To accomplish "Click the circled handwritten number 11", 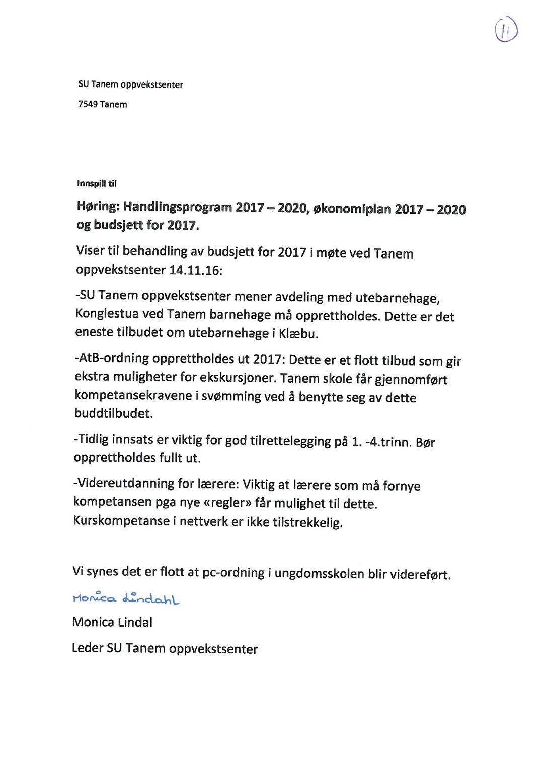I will [x=506, y=30].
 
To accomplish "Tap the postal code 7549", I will [x=88, y=104].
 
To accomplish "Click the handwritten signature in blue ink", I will [x=126, y=597].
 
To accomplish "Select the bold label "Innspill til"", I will [x=97, y=183].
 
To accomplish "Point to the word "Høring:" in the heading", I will [x=98, y=206].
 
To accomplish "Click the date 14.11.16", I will [x=194, y=270].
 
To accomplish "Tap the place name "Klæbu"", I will [x=298, y=334].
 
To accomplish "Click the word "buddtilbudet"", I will [x=113, y=413].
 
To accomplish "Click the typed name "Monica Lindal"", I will [x=112, y=622].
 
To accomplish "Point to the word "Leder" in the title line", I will [x=88, y=648].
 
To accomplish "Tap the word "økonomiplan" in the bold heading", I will [x=352, y=209].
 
